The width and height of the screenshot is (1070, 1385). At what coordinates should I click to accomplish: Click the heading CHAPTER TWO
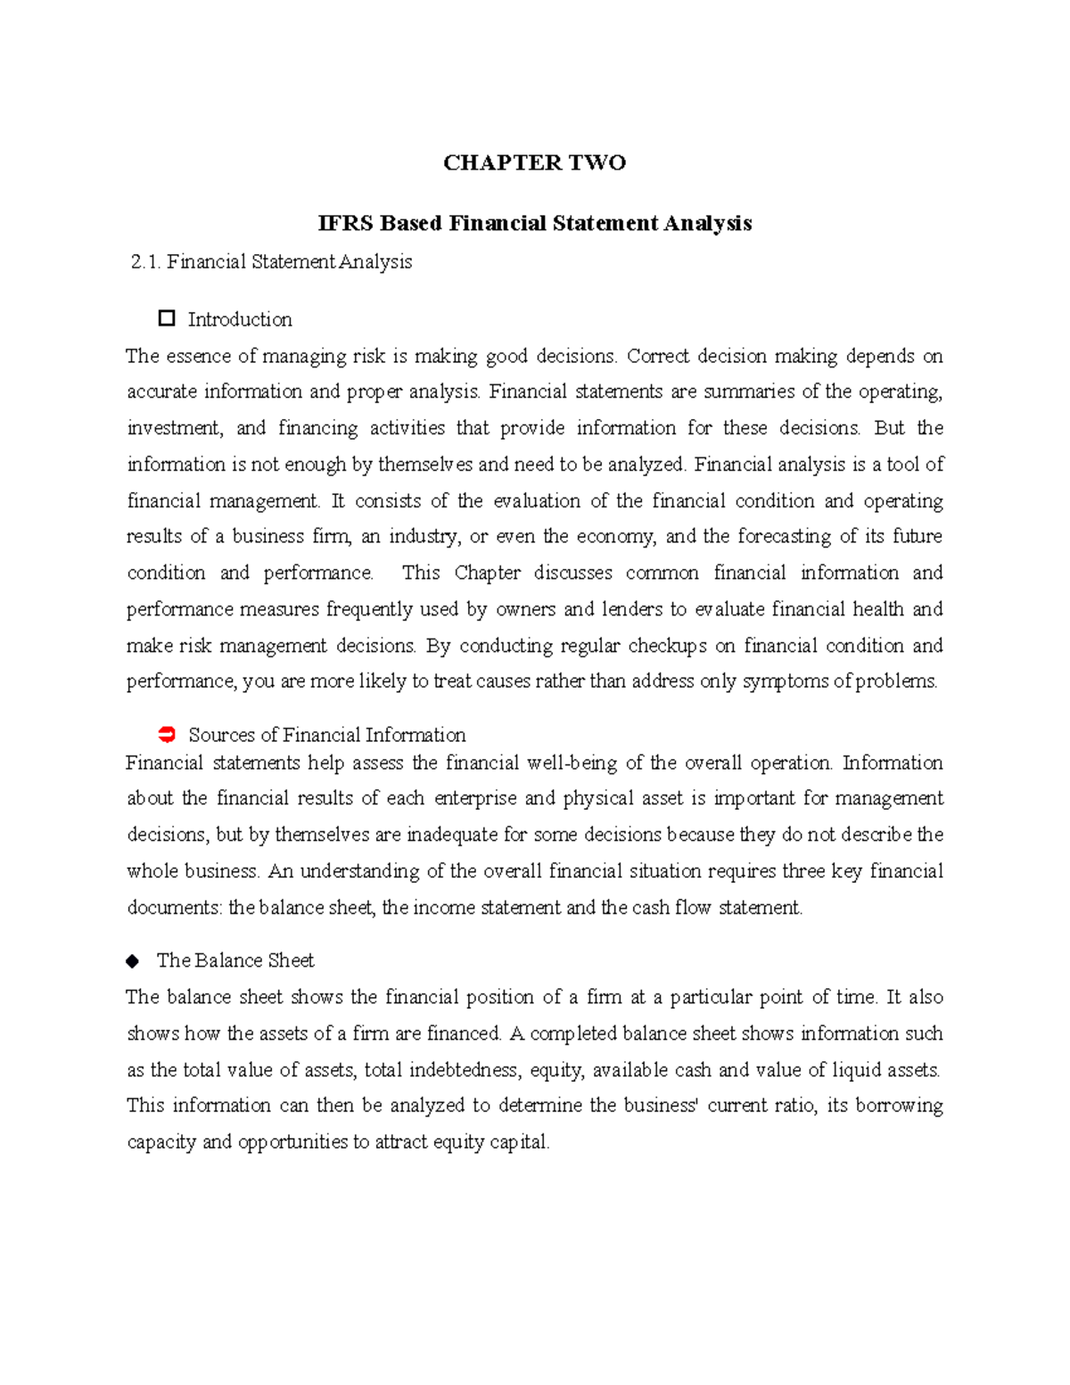click(534, 162)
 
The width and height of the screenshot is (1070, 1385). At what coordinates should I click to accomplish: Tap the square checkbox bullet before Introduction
click(166, 318)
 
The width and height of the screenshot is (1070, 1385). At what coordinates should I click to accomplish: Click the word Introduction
click(240, 319)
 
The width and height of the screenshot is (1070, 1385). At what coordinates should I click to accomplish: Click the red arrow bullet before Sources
click(166, 735)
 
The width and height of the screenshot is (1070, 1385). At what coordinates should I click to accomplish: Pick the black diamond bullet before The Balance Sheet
click(133, 960)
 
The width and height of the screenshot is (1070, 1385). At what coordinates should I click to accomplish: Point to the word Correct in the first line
click(658, 357)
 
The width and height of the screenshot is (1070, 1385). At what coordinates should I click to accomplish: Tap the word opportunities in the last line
click(293, 1142)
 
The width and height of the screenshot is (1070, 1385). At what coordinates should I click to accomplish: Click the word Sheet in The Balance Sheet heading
click(291, 960)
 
